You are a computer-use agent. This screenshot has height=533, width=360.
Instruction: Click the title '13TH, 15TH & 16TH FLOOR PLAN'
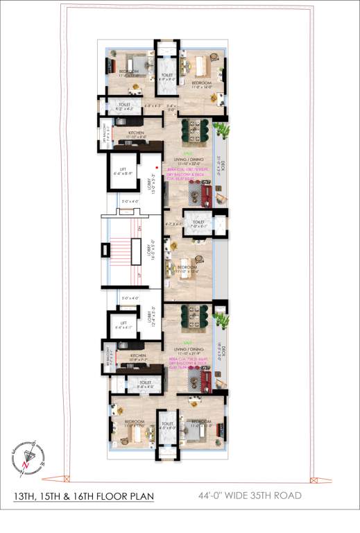click(83, 496)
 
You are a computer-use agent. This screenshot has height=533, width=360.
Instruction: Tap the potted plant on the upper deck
click(221, 130)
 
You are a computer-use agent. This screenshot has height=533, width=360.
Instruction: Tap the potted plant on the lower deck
click(221, 320)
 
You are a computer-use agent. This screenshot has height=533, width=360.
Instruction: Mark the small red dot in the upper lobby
click(157, 167)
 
